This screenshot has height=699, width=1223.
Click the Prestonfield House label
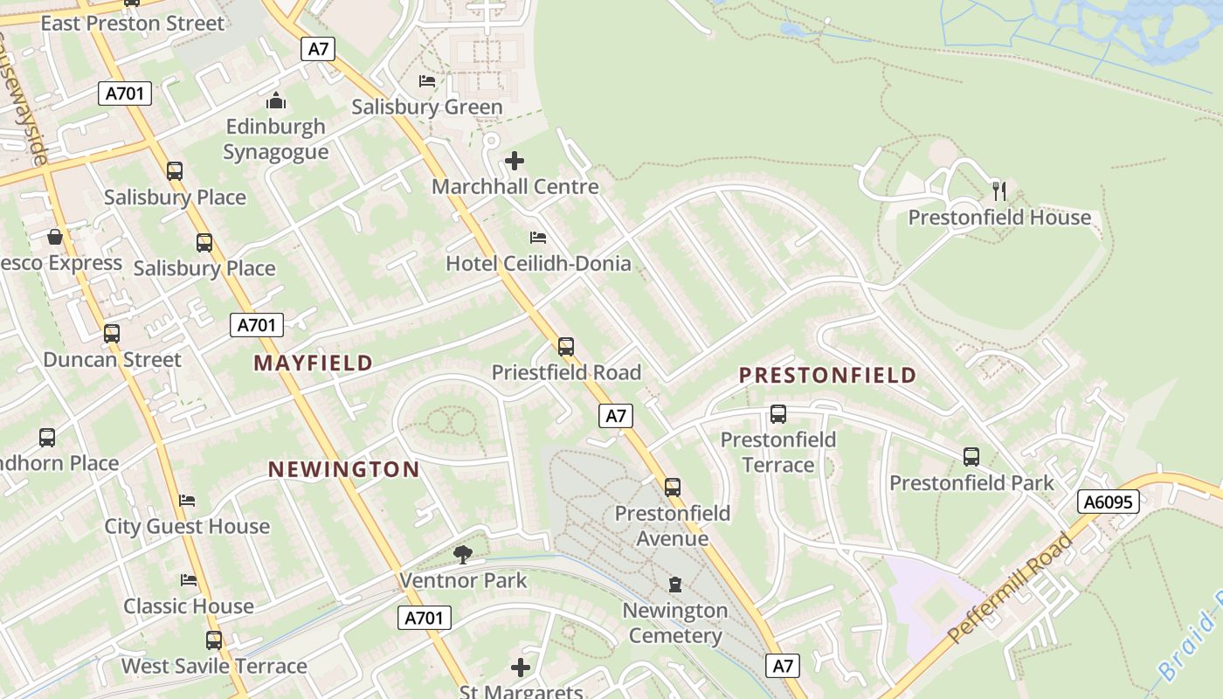(999, 218)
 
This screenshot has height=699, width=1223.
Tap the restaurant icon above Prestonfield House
(999, 190)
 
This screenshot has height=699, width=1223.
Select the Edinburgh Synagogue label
(276, 139)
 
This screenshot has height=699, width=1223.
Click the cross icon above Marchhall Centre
(515, 161)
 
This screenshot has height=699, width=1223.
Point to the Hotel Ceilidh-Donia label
(538, 263)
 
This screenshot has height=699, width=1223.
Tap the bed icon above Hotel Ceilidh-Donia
(538, 238)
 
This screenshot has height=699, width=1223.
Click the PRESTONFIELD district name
(827, 376)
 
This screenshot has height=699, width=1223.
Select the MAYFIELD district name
(313, 363)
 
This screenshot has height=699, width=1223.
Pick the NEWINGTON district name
(343, 470)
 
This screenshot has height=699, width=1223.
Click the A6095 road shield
(1109, 502)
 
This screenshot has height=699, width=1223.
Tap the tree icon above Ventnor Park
(463, 554)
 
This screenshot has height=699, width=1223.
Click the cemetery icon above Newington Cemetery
(675, 584)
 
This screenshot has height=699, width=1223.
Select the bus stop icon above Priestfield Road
(566, 347)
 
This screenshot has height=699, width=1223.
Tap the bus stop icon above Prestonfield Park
(971, 456)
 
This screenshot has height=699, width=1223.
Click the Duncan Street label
(112, 360)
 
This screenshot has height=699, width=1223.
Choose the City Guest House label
(187, 527)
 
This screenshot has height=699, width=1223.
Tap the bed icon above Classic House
(188, 580)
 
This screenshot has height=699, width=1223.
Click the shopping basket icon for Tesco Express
(55, 237)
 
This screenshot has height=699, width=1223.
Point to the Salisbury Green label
(427, 107)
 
